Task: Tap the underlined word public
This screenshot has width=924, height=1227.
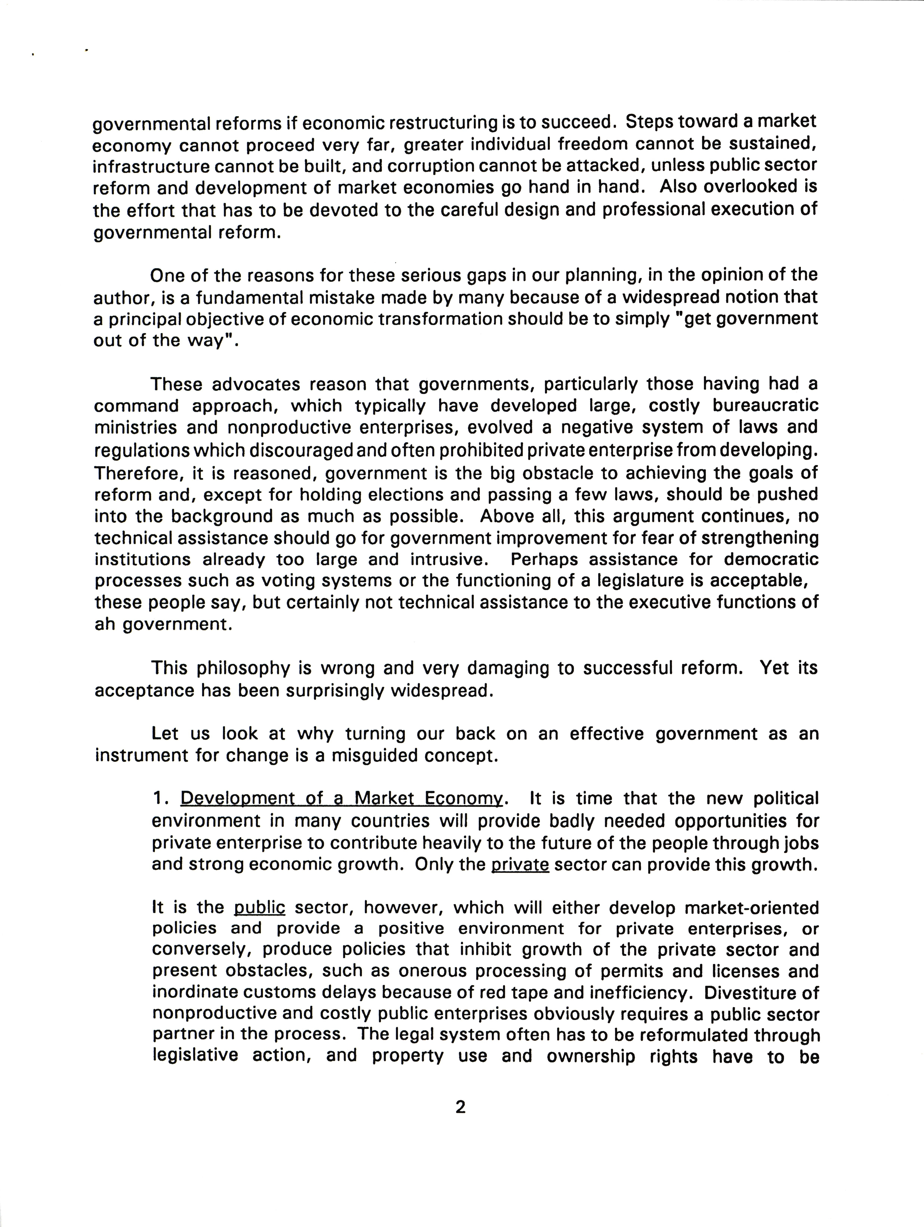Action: (x=259, y=908)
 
